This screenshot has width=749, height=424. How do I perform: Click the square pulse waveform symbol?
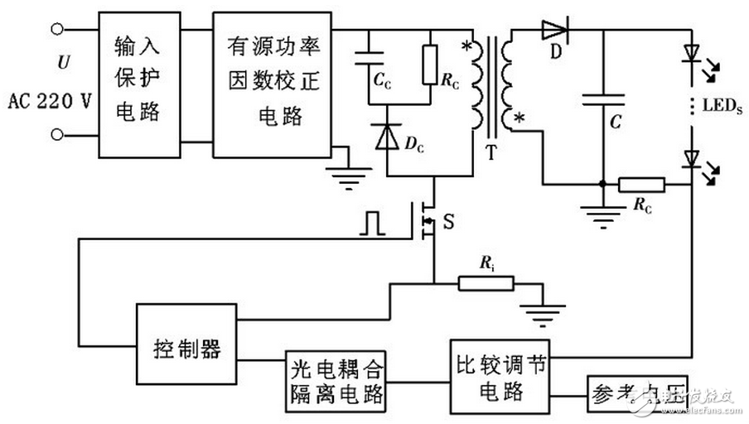click(373, 221)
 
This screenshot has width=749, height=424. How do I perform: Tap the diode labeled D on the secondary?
click(556, 31)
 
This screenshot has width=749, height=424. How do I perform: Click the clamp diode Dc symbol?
click(385, 137)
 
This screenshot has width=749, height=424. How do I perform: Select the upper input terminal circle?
click(57, 31)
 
